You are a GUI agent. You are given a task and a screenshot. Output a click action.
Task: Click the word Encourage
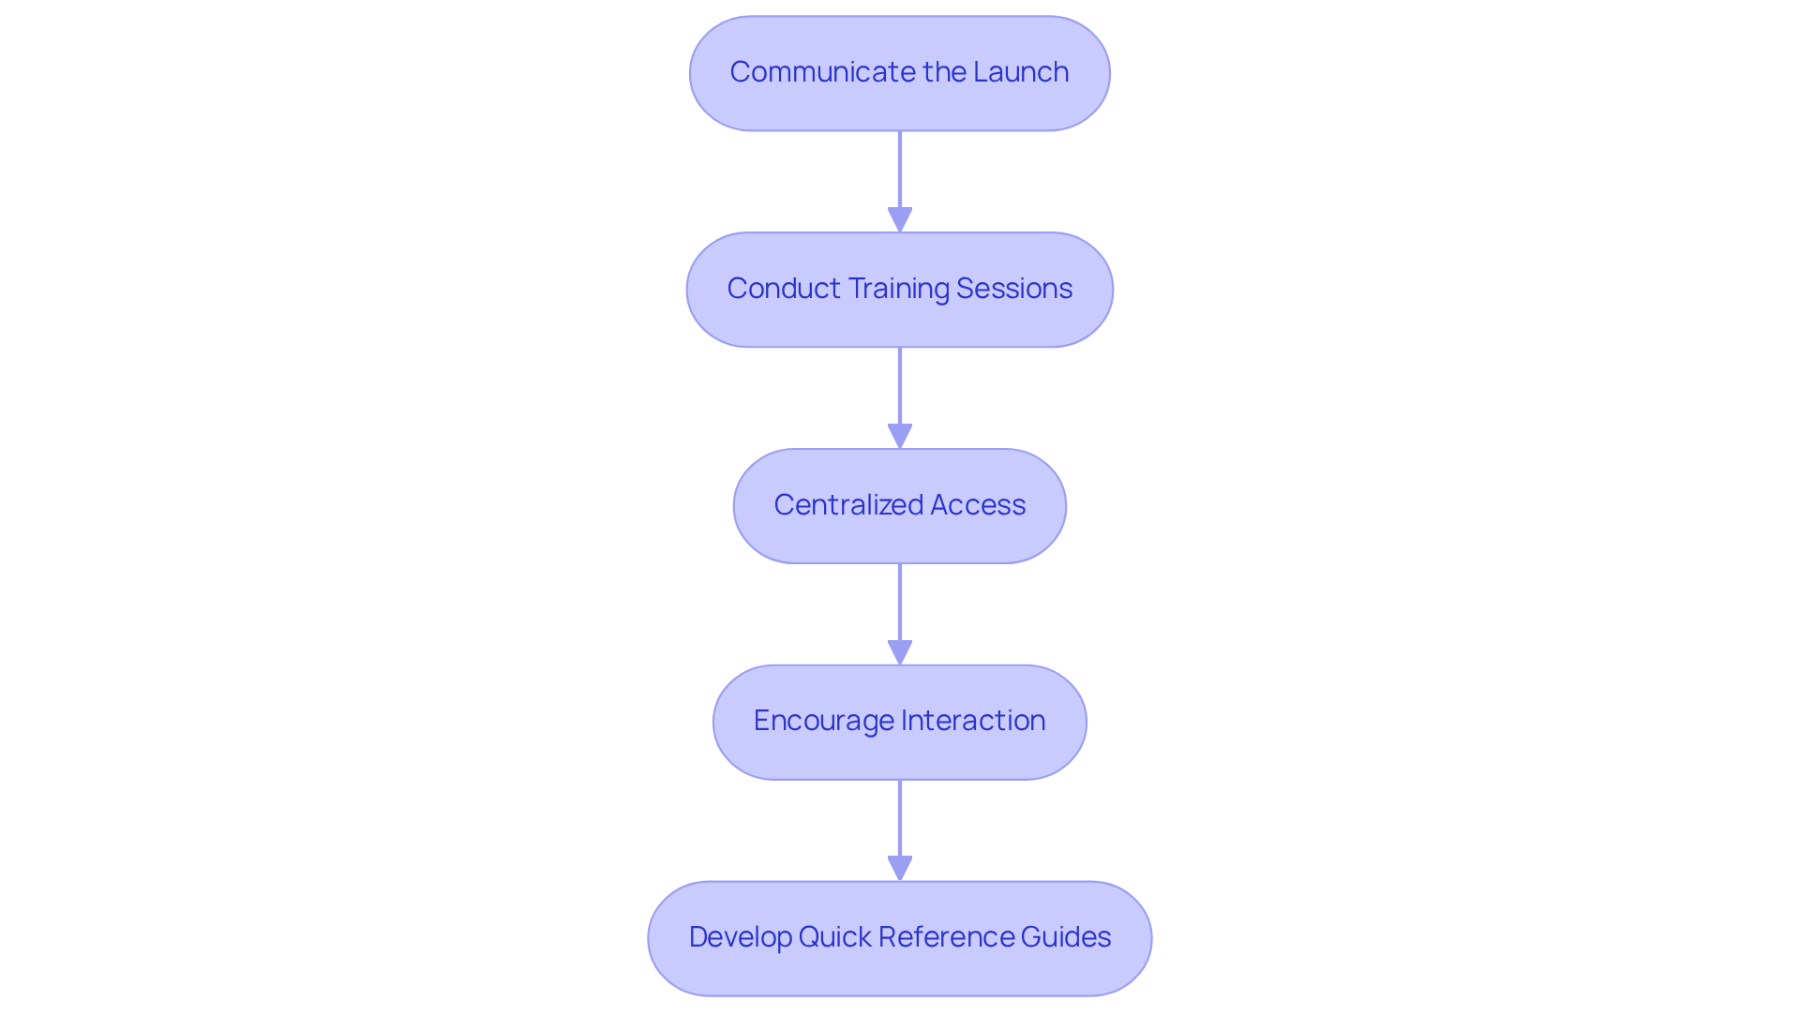tap(823, 721)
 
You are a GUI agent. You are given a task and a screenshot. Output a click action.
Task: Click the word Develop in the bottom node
tap(740, 937)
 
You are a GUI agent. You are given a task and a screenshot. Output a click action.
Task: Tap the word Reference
tap(945, 937)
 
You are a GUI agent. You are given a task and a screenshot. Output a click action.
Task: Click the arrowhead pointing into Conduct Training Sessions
tap(900, 219)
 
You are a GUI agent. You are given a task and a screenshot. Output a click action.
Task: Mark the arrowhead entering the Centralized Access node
tap(900, 436)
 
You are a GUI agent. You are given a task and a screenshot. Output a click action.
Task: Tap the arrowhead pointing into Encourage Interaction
tap(900, 652)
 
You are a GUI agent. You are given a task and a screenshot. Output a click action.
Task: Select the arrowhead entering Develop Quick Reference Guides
tap(900, 868)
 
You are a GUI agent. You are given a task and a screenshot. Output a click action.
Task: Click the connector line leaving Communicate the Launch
tap(900, 169)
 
